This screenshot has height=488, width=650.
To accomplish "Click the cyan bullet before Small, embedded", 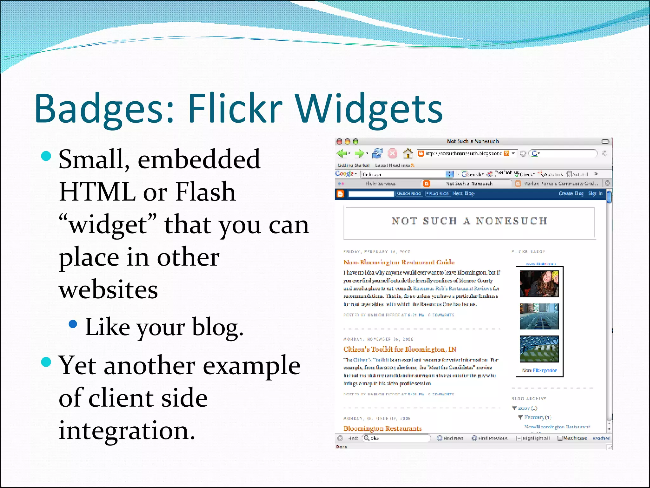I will point(46,156).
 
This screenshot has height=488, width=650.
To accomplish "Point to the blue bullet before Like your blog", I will point(73,324).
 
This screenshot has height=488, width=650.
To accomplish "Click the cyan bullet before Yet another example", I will point(46,362).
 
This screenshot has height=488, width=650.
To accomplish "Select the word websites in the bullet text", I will point(108,289).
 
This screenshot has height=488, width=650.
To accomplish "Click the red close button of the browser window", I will point(339,141).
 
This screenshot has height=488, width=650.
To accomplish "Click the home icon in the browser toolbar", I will point(408,153).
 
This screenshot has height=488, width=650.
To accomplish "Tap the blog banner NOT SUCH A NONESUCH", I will point(469,221).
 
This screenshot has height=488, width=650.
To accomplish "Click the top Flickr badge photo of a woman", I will point(539,284).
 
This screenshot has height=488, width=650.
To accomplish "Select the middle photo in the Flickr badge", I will point(539,316).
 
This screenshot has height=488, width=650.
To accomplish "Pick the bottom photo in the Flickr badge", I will point(539,349).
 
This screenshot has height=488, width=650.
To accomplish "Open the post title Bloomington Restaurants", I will point(382,429).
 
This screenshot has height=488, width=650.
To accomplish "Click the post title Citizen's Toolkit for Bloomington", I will point(400,349).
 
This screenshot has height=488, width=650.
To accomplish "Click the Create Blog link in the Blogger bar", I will point(571,193).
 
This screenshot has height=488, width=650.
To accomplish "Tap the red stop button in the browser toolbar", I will point(393,153).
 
